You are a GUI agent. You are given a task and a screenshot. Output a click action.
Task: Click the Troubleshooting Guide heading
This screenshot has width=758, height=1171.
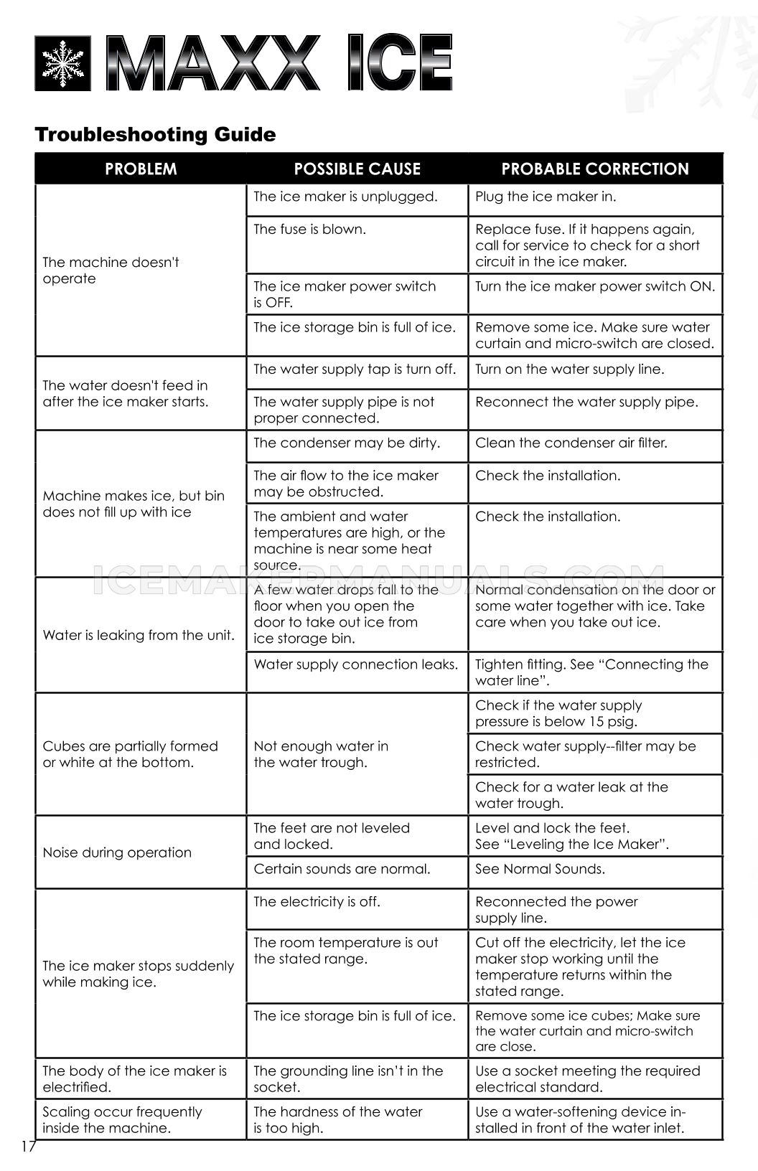click(155, 134)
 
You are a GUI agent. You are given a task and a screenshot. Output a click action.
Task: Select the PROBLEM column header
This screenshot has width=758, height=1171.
click(141, 169)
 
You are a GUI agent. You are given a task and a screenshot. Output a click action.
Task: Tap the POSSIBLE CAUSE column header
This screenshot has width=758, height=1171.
click(357, 169)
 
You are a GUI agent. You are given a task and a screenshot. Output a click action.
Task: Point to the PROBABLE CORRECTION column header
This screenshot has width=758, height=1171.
click(594, 169)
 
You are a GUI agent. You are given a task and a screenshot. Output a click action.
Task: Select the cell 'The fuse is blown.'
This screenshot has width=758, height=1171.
click(309, 230)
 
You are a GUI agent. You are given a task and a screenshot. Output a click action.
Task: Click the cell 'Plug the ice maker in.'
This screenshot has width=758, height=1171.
click(546, 197)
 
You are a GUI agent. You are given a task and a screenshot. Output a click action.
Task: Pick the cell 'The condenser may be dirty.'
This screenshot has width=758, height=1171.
click(346, 443)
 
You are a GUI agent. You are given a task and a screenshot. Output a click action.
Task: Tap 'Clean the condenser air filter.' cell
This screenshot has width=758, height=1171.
click(571, 443)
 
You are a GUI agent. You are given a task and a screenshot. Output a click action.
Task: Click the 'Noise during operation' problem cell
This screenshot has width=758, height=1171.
click(117, 852)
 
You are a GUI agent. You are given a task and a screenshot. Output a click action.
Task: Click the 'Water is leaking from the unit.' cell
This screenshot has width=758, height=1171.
click(139, 635)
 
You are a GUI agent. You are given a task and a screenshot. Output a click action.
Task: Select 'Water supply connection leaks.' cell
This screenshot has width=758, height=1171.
click(355, 664)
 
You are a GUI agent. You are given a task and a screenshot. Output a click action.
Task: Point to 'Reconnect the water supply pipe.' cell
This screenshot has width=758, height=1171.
click(586, 402)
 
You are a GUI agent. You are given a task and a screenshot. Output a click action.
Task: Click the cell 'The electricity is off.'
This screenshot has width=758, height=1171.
click(317, 902)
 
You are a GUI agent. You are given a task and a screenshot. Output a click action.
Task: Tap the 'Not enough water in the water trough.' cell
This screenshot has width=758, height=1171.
click(321, 754)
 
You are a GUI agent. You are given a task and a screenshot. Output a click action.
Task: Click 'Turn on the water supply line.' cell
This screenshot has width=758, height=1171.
click(569, 370)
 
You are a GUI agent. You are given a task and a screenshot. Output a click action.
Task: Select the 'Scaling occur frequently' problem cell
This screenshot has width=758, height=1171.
click(122, 1119)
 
